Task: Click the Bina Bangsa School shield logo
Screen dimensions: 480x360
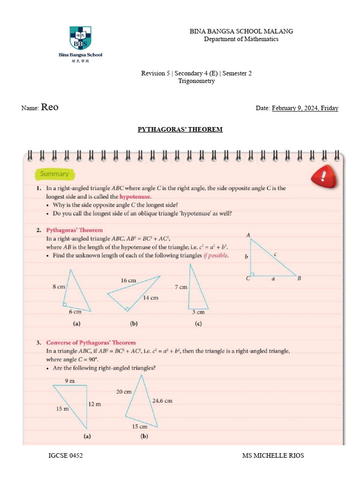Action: [x=81, y=38]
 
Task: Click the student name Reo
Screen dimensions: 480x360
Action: [x=50, y=107]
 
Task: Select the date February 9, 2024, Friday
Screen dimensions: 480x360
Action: [x=305, y=108]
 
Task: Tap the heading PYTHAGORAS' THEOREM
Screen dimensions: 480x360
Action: [x=180, y=129]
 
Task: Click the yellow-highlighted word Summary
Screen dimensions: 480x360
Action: [x=54, y=174]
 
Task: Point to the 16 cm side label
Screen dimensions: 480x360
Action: [x=128, y=280]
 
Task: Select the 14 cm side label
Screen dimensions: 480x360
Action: [x=150, y=298]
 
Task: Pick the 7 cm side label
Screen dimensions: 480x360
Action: [x=180, y=287]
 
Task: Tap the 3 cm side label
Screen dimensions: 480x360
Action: [x=198, y=312]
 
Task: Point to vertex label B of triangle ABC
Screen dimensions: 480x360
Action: [x=299, y=278]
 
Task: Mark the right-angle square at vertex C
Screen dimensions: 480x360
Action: [x=253, y=274]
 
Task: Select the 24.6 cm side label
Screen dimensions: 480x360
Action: [x=162, y=401]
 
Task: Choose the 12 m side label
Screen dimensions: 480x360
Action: [x=94, y=404]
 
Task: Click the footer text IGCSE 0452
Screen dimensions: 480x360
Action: [x=66, y=456]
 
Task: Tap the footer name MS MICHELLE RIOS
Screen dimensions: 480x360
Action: [x=273, y=456]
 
